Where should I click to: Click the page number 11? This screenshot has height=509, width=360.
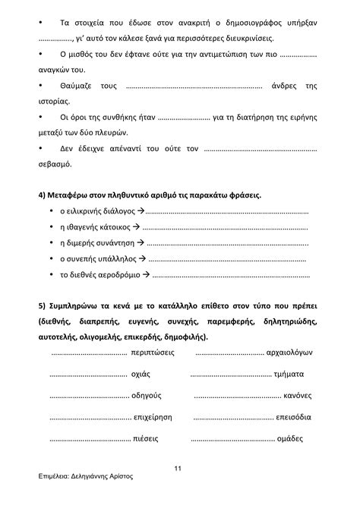click(x=177, y=467)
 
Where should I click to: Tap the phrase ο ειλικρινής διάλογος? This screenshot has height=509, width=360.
click(x=92, y=210)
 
